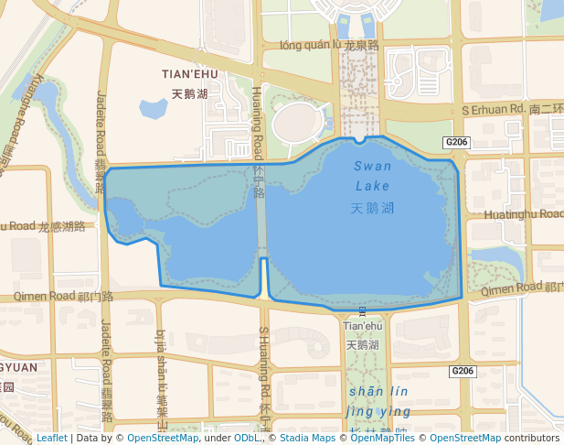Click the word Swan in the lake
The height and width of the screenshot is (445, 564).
[x=372, y=167]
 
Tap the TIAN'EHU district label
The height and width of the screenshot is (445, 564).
[x=189, y=74]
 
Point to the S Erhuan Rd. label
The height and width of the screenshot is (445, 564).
[x=495, y=109]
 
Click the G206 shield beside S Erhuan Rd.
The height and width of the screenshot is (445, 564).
[x=457, y=142]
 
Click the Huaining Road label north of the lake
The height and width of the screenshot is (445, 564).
[x=258, y=124]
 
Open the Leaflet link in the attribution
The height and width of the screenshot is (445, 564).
[x=51, y=439]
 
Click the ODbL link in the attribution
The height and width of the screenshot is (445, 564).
[x=246, y=439]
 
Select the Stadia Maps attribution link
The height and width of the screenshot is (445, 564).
[x=308, y=439]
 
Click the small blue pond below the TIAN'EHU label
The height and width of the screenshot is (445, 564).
[x=153, y=109]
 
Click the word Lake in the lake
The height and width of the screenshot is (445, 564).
[x=372, y=186]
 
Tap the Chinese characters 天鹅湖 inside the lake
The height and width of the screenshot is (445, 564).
[x=372, y=208]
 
